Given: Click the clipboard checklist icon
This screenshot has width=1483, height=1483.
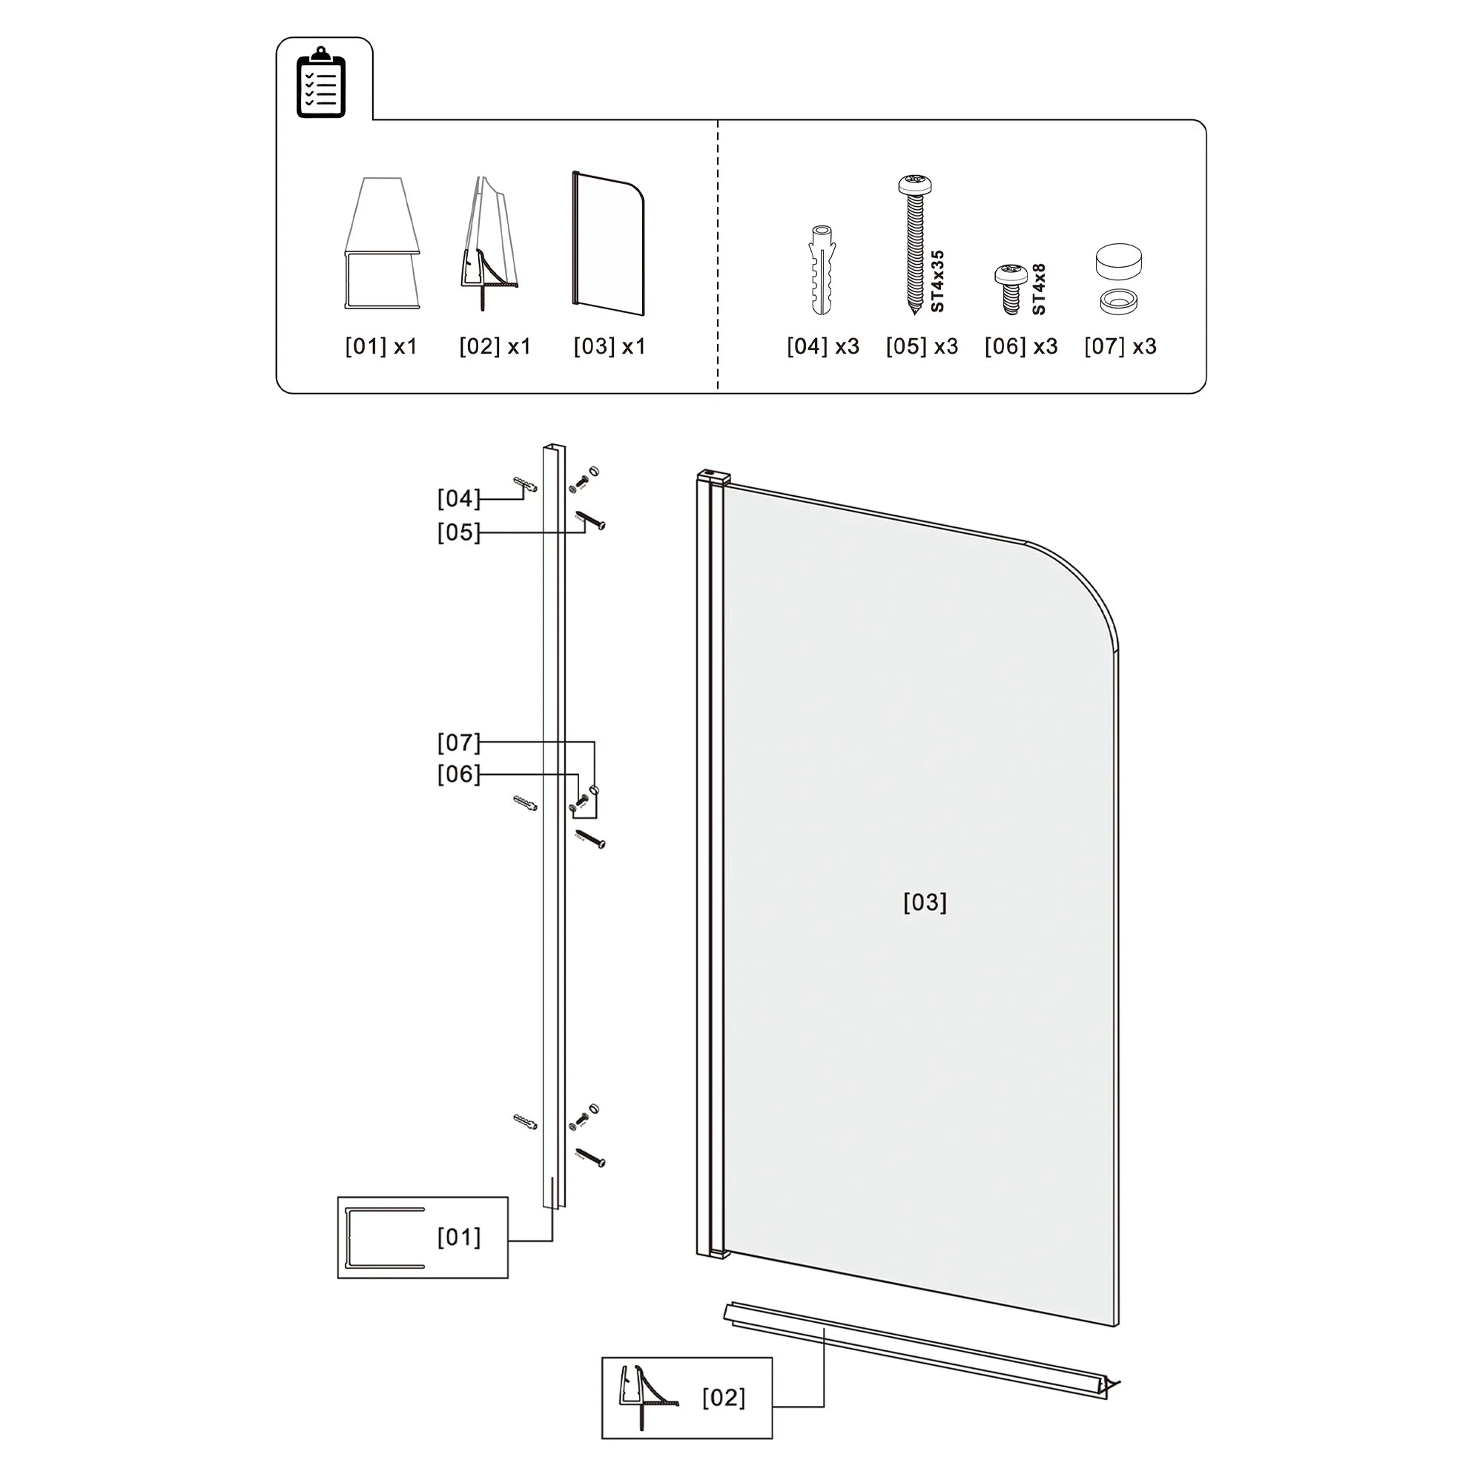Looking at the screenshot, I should tap(321, 83).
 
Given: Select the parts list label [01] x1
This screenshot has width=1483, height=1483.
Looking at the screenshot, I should tap(380, 347).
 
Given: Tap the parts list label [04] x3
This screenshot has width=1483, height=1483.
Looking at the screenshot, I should tap(823, 347).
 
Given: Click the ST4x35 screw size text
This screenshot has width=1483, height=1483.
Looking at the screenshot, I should tap(937, 281).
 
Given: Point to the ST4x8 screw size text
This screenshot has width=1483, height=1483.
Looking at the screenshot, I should tap(1039, 289).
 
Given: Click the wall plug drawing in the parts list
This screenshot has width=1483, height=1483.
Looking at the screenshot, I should tap(822, 269).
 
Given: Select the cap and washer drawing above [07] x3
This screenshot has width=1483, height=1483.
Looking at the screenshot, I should tap(1117, 280).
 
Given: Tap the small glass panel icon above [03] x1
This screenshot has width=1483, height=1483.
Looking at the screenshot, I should tap(608, 242).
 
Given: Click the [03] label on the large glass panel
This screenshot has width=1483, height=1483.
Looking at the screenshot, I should tap(924, 902).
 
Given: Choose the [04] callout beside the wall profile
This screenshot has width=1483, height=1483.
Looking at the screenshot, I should tap(458, 499).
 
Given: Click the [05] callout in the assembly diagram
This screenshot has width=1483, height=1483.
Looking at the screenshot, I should tap(458, 532).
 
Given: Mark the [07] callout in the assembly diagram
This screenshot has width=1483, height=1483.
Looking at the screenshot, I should tap(458, 743).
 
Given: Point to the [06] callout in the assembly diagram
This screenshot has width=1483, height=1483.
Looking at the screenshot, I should tap(458, 775).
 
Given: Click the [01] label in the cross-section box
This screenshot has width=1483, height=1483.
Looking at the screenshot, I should tap(459, 1238).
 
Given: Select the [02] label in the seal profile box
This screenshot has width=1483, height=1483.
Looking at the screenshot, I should tap(723, 1398).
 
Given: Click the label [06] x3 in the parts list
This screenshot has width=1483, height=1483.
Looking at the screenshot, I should tap(1021, 347).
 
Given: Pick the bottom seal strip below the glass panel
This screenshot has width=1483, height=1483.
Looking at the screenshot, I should tap(921, 1350).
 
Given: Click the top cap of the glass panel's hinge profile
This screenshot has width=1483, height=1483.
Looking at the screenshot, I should tap(711, 477).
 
